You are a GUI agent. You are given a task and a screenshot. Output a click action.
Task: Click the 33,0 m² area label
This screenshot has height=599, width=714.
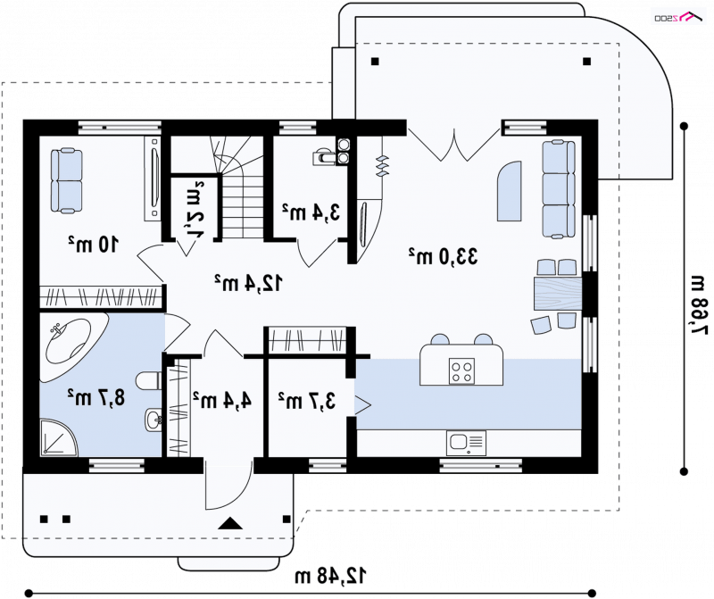[443, 256]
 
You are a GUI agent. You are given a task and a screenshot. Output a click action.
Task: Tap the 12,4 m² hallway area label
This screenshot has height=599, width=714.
[248, 283]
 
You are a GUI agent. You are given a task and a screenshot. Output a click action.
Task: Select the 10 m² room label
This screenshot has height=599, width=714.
[94, 245]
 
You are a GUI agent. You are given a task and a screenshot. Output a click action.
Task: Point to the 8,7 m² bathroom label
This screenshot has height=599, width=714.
[95, 397]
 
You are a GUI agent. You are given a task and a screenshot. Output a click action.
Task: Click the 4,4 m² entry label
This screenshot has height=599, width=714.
[221, 401]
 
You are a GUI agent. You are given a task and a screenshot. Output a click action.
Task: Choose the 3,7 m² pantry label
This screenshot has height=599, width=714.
[307, 401]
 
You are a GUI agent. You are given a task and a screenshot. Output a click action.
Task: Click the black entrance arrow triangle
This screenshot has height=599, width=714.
[230, 523]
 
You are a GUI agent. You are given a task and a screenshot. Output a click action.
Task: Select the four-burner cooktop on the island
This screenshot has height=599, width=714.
[461, 371]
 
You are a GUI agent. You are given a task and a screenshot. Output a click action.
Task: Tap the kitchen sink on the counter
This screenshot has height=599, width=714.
[466, 443]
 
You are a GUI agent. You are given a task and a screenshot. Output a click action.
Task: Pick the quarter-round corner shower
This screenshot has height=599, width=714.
[58, 438]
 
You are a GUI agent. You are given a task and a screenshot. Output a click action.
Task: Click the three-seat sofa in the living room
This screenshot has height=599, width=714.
[558, 189]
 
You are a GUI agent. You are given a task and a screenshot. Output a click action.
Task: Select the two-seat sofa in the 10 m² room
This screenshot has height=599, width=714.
[66, 181]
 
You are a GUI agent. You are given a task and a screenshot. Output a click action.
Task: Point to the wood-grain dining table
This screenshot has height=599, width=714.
[558, 294]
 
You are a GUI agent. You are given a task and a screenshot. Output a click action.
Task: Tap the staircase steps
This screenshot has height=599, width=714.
[243, 206]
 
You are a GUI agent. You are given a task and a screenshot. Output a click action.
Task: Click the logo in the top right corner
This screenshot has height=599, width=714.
[679, 17]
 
